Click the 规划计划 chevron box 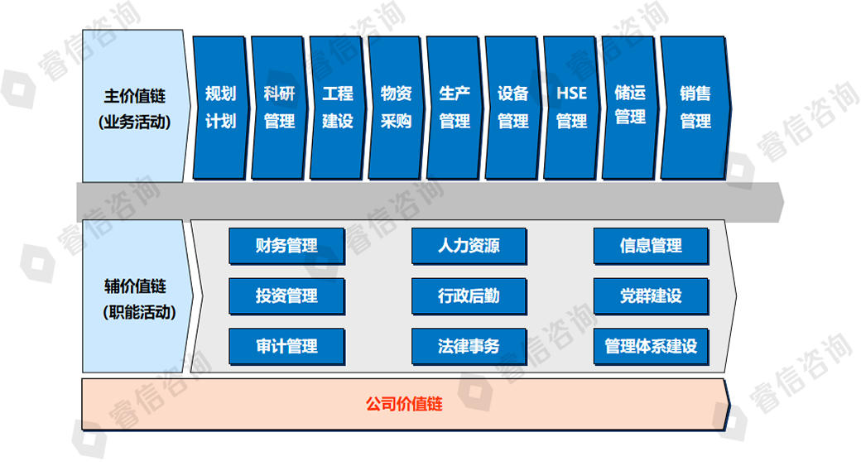(x=220, y=108)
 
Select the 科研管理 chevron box (x=279, y=108)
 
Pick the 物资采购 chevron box (x=396, y=108)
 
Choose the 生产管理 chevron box (x=455, y=108)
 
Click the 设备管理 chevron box (x=513, y=108)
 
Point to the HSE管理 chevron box (x=571, y=108)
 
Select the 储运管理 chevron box (x=630, y=106)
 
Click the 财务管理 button (x=286, y=246)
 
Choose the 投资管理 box (x=286, y=296)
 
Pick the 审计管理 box (x=286, y=345)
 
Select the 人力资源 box (x=469, y=246)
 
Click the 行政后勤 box (x=469, y=296)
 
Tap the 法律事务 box (x=469, y=345)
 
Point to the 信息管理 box (x=651, y=246)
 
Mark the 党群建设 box (x=651, y=296)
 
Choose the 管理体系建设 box (x=651, y=345)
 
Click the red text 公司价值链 (x=404, y=405)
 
